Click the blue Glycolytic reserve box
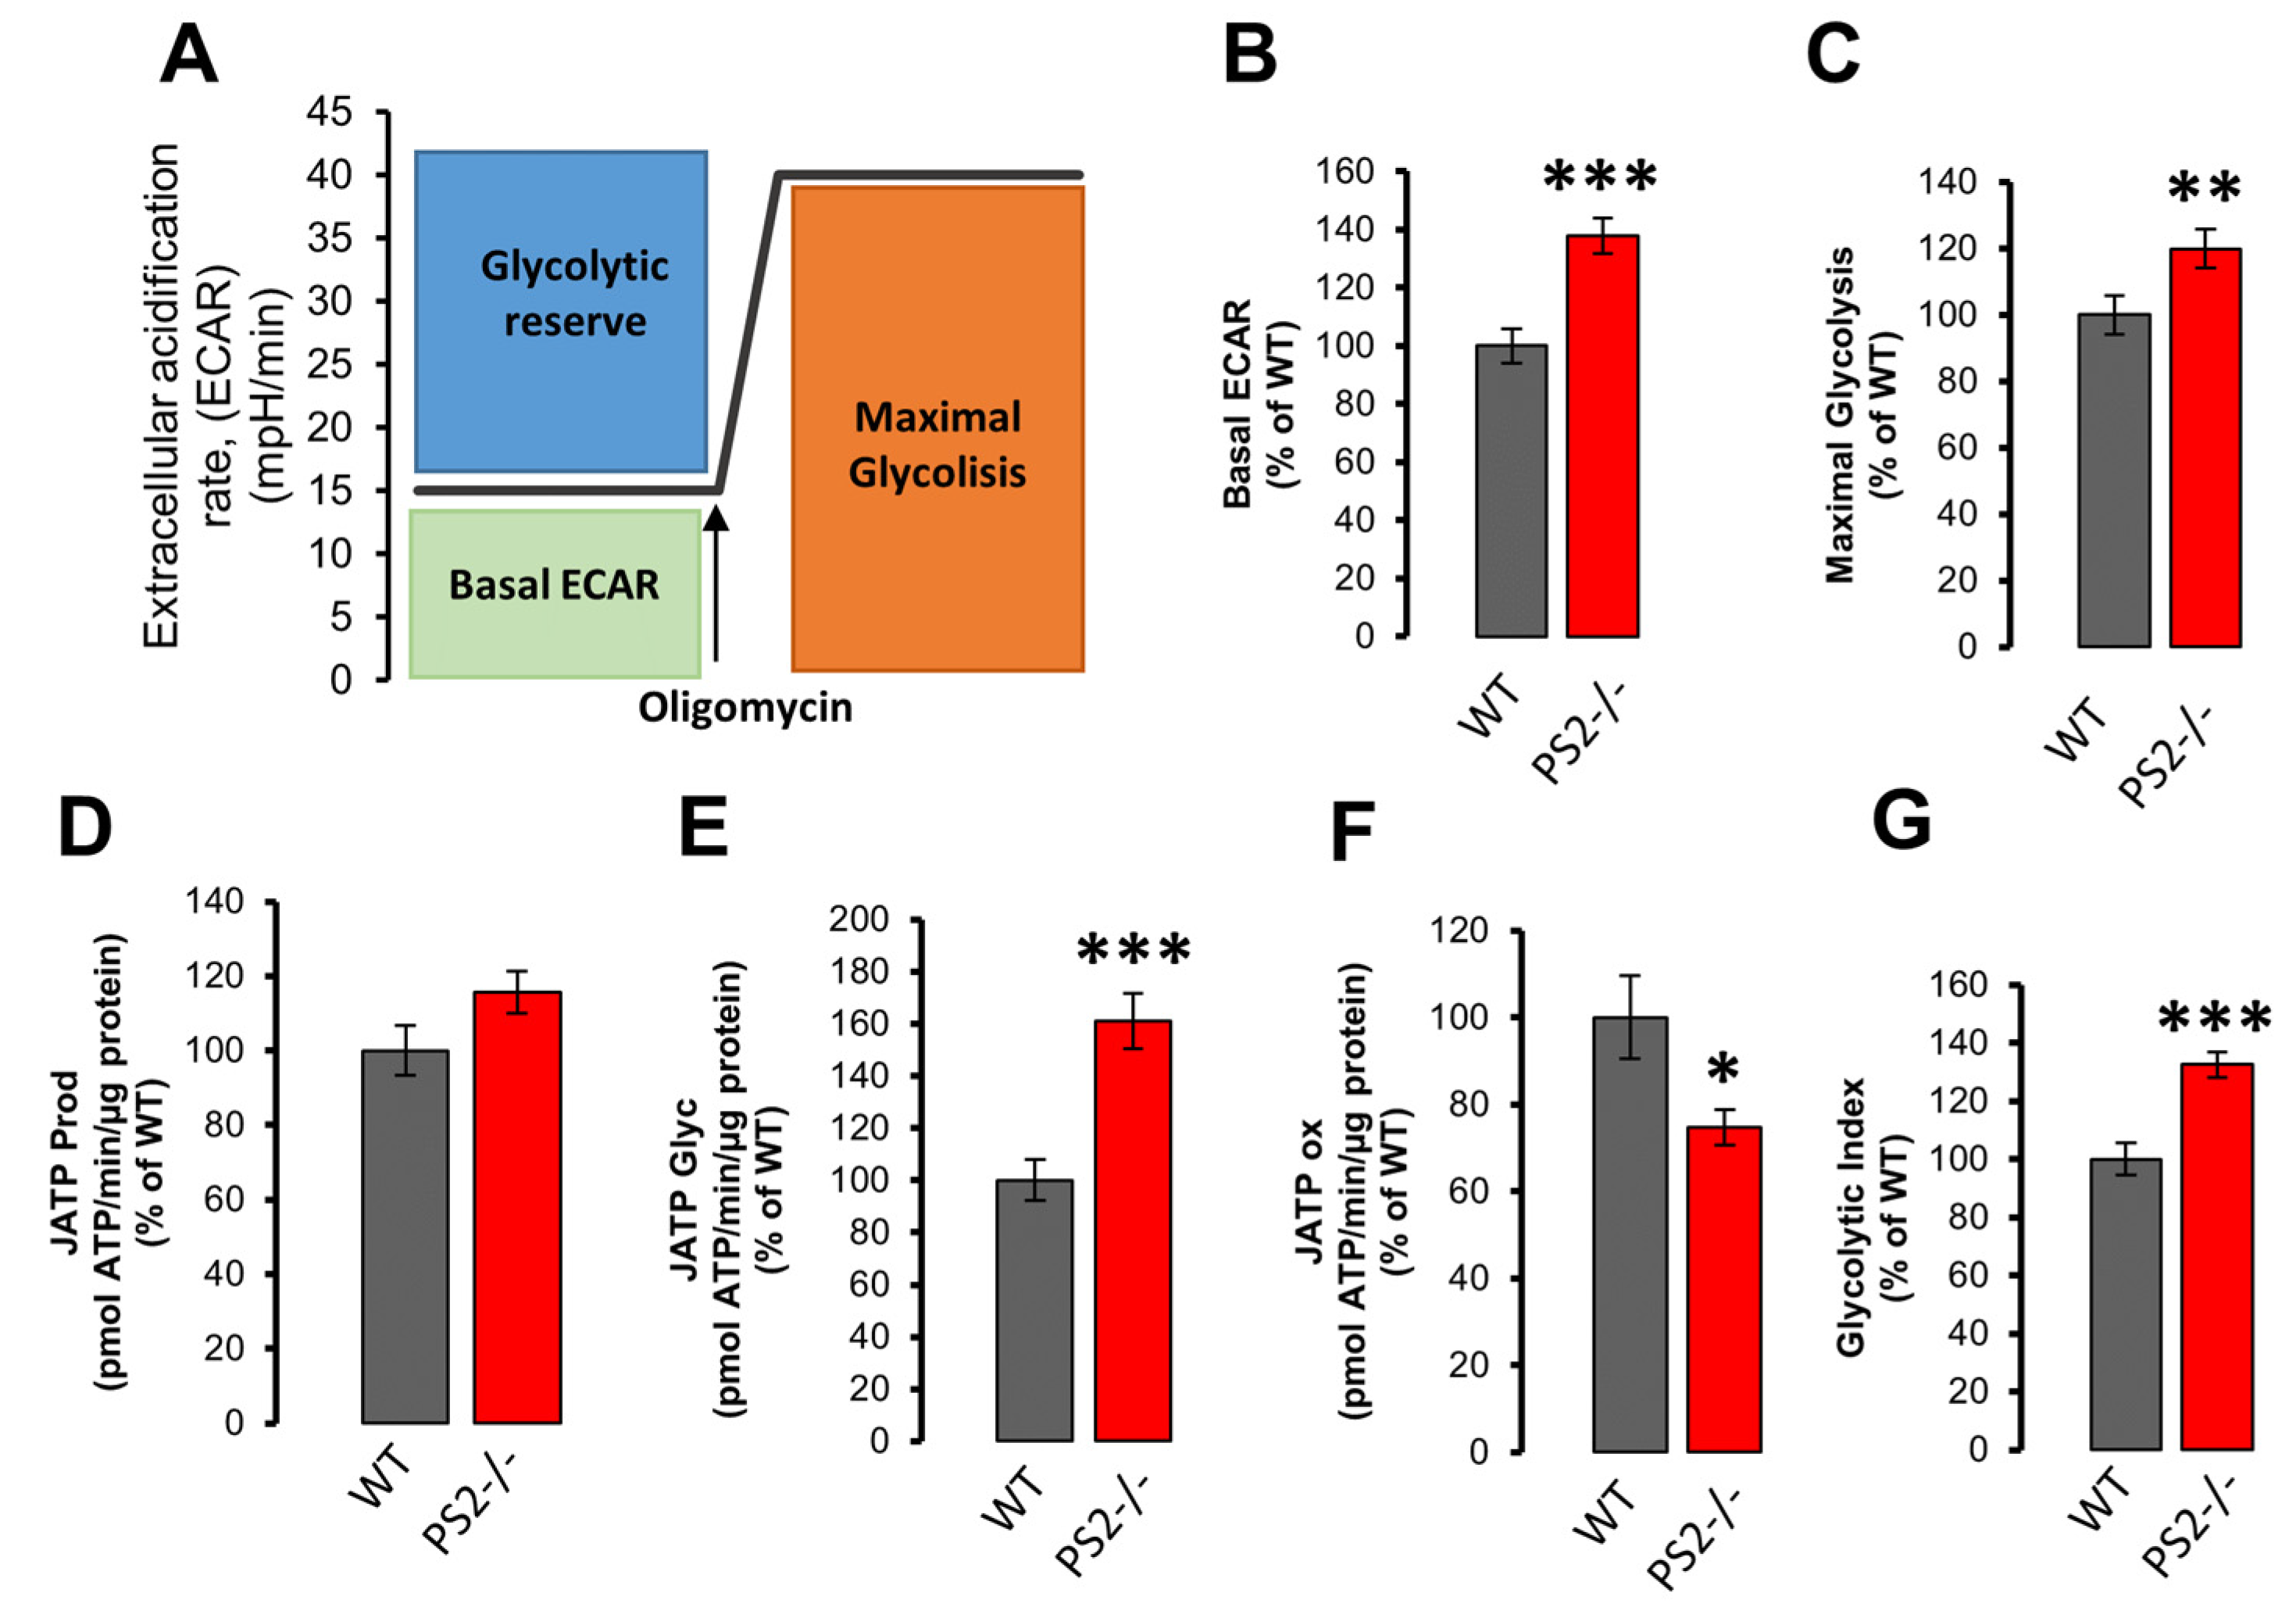[561, 311]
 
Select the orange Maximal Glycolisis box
[937, 429]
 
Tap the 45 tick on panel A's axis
[329, 112]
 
